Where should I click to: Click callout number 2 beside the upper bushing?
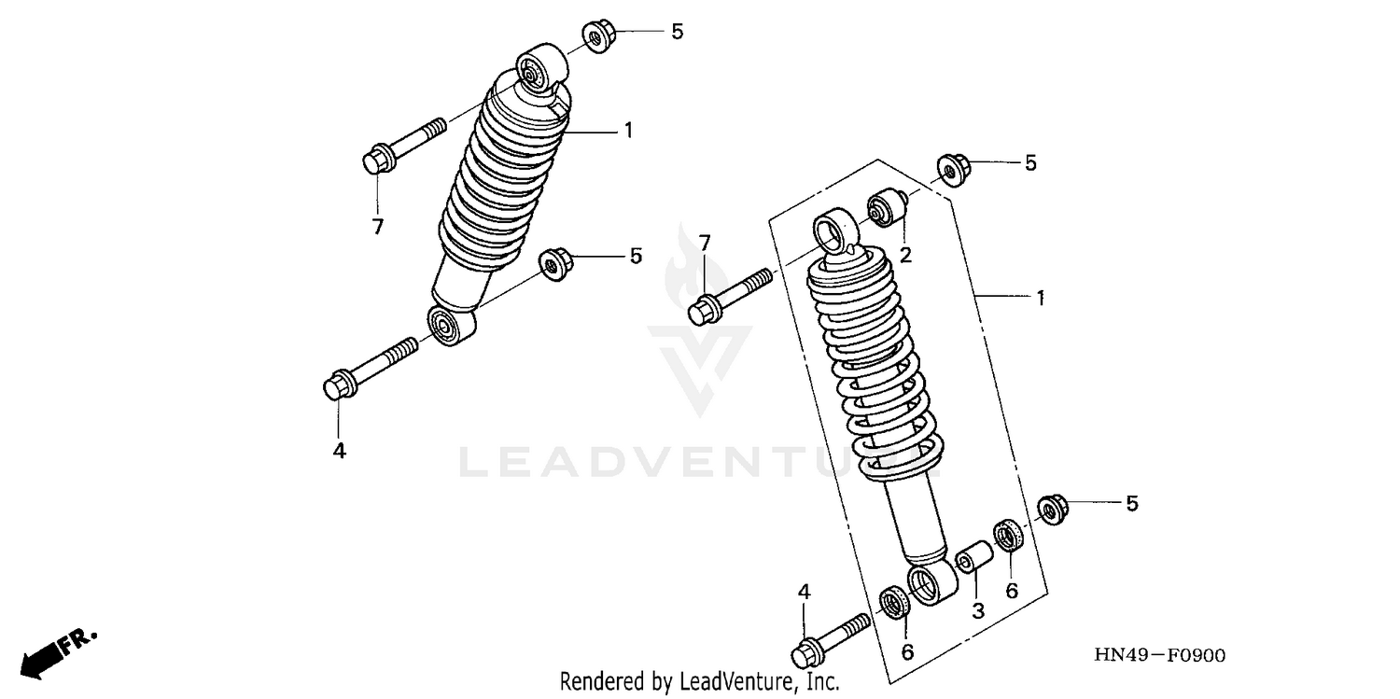(905, 255)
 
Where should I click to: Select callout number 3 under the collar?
(977, 611)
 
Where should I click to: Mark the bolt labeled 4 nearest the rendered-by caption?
(831, 636)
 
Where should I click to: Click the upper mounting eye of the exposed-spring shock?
(833, 228)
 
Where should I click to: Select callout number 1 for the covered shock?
(628, 131)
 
